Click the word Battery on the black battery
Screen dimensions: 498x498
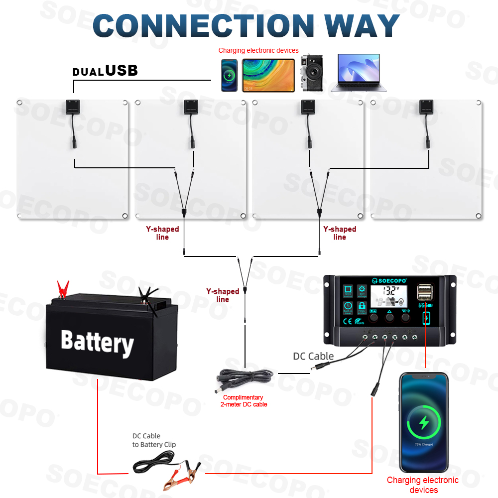coord(97,342)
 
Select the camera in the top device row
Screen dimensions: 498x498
coord(312,73)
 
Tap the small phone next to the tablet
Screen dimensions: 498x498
coord(230,75)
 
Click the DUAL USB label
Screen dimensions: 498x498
coord(105,71)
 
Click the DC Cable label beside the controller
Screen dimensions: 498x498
coord(313,356)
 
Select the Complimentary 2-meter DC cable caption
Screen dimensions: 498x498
coord(244,401)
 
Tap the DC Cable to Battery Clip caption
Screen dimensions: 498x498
coord(154,440)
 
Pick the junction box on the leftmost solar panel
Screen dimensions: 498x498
coord(74,107)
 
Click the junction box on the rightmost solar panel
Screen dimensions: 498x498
coord(426,107)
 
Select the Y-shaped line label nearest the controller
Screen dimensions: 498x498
coord(223,295)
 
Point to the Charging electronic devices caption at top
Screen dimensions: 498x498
coord(258,50)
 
